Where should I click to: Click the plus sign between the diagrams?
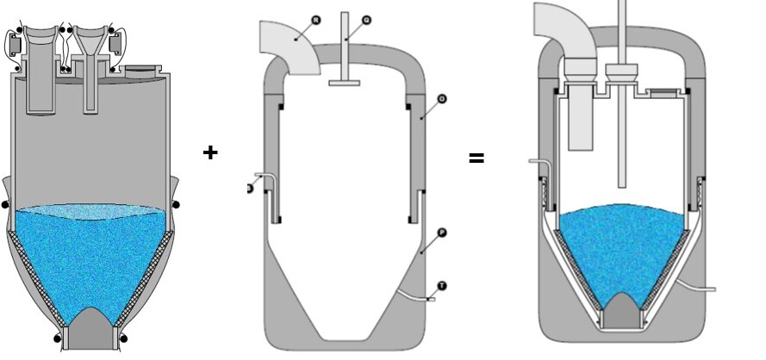pos(210,152)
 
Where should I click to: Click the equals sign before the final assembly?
pos(476,158)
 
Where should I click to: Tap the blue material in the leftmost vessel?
pos(90,258)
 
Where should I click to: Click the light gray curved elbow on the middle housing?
pos(289,47)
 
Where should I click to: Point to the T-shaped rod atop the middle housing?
pos(344,52)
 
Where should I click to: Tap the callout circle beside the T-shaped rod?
pos(366,18)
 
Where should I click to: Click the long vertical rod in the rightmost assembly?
pos(620,112)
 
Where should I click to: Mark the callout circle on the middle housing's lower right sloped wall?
pos(441,233)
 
